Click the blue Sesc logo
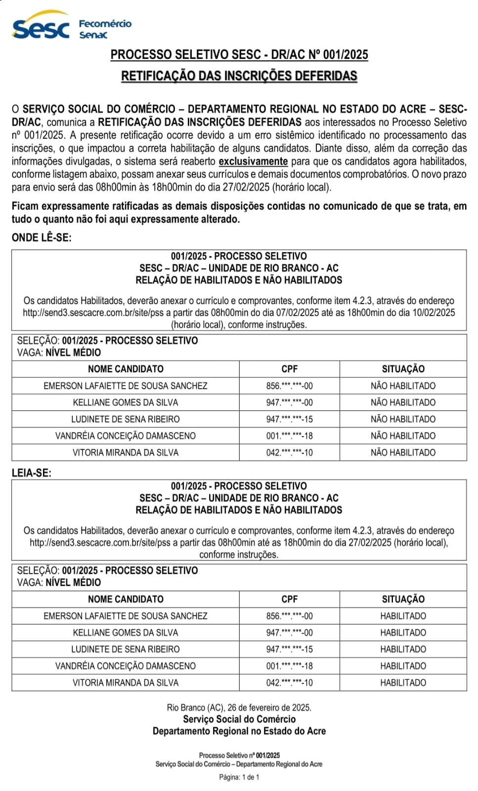pyautogui.click(x=41, y=27)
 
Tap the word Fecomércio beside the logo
pyautogui.click(x=105, y=24)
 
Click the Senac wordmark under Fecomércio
pyautogui.click(x=93, y=35)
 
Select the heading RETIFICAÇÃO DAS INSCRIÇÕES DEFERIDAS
pyautogui.click(x=239, y=76)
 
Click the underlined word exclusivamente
pyautogui.click(x=253, y=161)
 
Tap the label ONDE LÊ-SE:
pyautogui.click(x=42, y=237)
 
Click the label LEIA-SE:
pyautogui.click(x=32, y=473)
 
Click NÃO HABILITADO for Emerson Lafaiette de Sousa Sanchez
pyautogui.click(x=403, y=386)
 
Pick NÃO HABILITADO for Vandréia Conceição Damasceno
pyautogui.click(x=403, y=436)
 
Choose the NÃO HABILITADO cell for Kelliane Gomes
pyautogui.click(x=403, y=402)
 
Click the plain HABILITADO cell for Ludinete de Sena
pyautogui.click(x=403, y=649)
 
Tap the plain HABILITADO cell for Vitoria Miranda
pyautogui.click(x=403, y=682)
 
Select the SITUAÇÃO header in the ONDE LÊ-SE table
pyautogui.click(x=403, y=369)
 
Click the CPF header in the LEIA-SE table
pyautogui.click(x=289, y=599)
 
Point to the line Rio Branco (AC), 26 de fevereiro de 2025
pyautogui.click(x=239, y=707)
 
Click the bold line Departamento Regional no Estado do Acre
pyautogui.click(x=239, y=731)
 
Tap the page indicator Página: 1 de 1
pyautogui.click(x=239, y=777)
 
